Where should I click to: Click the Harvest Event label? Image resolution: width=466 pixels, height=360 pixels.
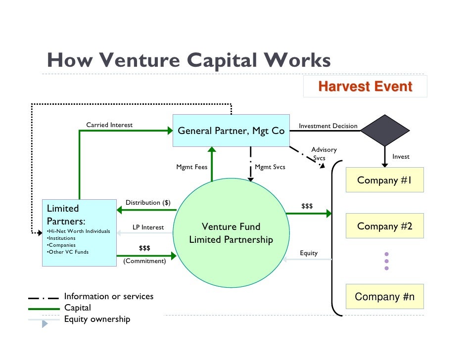[x=365, y=87]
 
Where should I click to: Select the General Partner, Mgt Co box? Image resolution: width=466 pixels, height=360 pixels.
[x=231, y=131]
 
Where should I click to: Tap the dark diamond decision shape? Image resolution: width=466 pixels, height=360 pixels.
[x=384, y=130]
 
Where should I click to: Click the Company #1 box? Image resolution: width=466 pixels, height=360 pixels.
[x=384, y=180]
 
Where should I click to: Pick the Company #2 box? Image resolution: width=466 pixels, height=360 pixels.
[x=384, y=226]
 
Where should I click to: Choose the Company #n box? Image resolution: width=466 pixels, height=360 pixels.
[x=384, y=297]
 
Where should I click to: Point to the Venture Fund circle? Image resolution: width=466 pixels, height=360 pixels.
[x=231, y=233]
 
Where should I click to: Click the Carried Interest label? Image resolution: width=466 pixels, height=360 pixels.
[x=109, y=125]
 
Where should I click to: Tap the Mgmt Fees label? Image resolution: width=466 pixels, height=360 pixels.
[x=192, y=167]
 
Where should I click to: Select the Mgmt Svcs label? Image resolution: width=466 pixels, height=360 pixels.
[x=270, y=167]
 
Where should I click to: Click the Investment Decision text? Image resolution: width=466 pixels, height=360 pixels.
[x=328, y=126]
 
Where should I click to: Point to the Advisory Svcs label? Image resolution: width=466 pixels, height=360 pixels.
[x=324, y=153]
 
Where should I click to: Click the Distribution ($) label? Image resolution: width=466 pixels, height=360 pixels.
[x=148, y=203]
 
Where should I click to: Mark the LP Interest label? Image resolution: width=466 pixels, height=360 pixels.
[x=148, y=227]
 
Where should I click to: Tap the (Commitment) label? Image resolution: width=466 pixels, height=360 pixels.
[x=144, y=261]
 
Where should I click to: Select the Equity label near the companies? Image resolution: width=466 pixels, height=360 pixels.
[x=309, y=253]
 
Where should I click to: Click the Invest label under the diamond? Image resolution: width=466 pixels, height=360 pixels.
[x=401, y=157]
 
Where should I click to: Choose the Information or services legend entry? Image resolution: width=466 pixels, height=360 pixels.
[x=109, y=297]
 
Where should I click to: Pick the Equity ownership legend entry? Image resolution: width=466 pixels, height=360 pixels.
[x=97, y=319]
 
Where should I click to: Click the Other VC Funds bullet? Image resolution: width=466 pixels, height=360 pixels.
[x=67, y=252]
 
